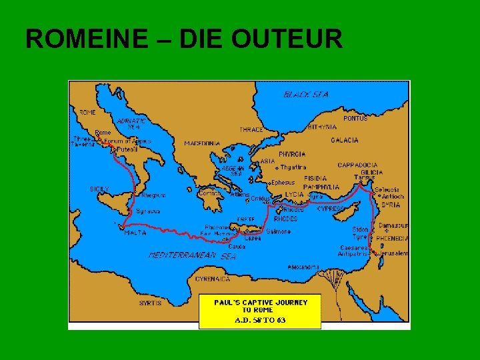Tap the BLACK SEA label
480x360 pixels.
pos(307,95)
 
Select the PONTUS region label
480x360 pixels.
pos(355,118)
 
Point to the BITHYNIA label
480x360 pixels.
pos(322,127)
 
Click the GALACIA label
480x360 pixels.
pos(344,140)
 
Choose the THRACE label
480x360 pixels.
pos(252,129)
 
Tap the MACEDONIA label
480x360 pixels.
pos(202,143)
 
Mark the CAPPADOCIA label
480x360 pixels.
pos(357,165)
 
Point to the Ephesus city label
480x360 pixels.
pos(283,182)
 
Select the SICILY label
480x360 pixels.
pos(99,189)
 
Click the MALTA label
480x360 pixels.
pos(135,233)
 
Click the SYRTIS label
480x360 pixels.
pos(150,303)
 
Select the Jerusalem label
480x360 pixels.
pos(394,253)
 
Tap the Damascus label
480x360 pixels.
pos(393,225)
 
